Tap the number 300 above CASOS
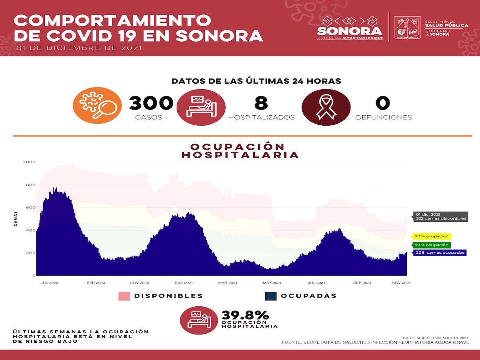(x=151, y=103)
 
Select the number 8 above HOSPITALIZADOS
(x=261, y=103)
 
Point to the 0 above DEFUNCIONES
(x=382, y=103)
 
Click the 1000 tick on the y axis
(x=30, y=162)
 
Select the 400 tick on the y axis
(x=31, y=230)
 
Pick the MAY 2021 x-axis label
(x=270, y=283)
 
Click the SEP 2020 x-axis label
(x=96, y=283)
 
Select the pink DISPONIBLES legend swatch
(x=124, y=296)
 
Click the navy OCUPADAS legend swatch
(x=270, y=296)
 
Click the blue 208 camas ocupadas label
(x=439, y=253)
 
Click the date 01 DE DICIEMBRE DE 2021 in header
(x=78, y=48)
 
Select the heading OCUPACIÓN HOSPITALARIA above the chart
(x=240, y=150)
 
